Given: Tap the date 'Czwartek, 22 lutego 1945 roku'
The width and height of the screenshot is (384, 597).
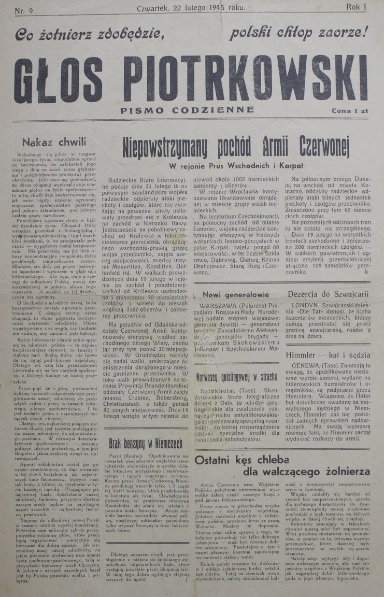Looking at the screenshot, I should coord(191,8).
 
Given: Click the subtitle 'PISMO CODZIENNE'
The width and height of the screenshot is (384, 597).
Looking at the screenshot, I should coord(187,110).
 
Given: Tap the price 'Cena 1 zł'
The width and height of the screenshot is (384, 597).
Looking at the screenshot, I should coord(349,110).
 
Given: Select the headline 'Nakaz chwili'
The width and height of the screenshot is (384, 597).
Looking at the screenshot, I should coord(51,141).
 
